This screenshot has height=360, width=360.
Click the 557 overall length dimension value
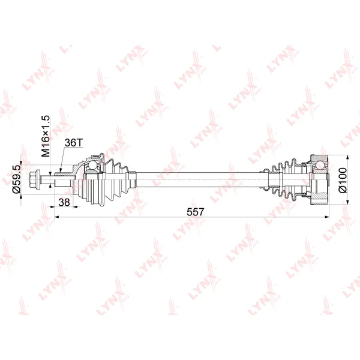(x=195, y=212)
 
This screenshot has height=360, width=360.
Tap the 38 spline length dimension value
(x=64, y=202)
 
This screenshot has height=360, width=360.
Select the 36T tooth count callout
(x=73, y=143)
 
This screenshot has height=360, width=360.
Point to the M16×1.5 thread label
(x=46, y=136)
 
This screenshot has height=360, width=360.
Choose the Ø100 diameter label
(x=343, y=180)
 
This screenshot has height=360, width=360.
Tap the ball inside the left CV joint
(x=93, y=165)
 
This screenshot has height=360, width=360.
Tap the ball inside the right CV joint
(x=320, y=165)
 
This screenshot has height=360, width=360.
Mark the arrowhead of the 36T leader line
(x=61, y=170)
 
